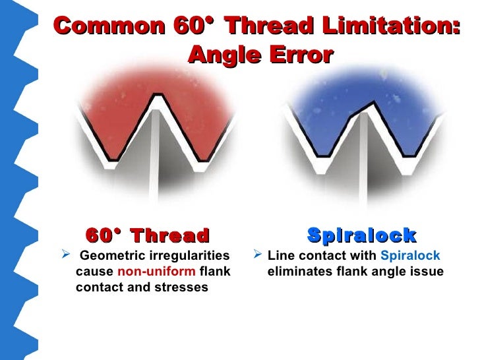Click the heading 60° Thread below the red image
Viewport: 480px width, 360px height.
pos(147,235)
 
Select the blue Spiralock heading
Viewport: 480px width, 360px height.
pos(361,235)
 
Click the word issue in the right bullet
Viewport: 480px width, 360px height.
pos(428,272)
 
